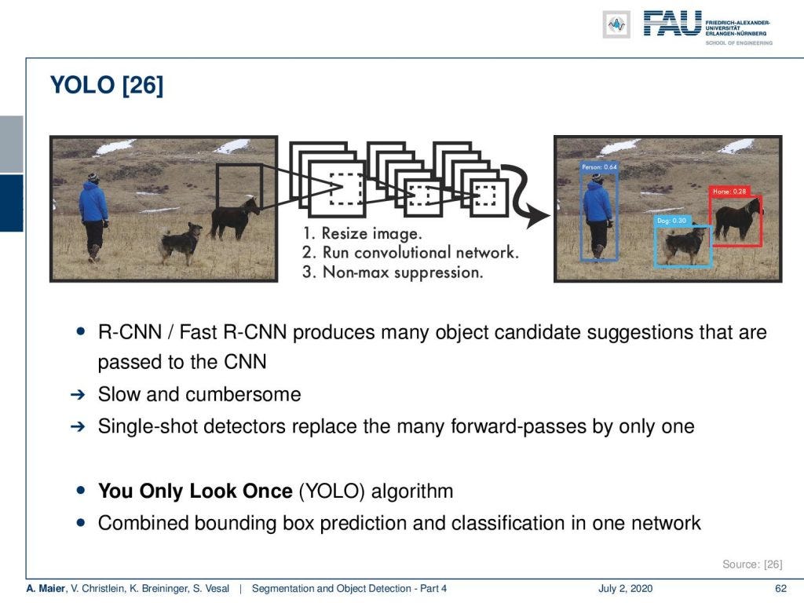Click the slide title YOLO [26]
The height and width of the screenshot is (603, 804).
pyautogui.click(x=107, y=85)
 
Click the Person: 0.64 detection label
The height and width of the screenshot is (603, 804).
pyautogui.click(x=599, y=167)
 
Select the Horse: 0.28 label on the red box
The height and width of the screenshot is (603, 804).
pyautogui.click(x=729, y=192)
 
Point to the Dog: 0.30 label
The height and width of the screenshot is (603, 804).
pyautogui.click(x=672, y=221)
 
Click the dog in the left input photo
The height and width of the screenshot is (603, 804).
pyautogui.click(x=181, y=242)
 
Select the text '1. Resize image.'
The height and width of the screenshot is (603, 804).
pyautogui.click(x=361, y=233)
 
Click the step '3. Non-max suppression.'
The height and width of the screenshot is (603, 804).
pyautogui.click(x=392, y=272)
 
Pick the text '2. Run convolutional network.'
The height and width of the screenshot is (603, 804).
pyautogui.click(x=410, y=253)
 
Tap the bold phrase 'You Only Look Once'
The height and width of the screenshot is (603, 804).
pyautogui.click(x=195, y=492)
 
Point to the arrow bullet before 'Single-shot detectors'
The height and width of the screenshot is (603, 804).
pyautogui.click(x=77, y=427)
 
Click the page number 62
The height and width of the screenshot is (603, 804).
pyautogui.click(x=780, y=589)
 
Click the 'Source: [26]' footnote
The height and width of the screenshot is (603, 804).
pyautogui.click(x=751, y=564)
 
